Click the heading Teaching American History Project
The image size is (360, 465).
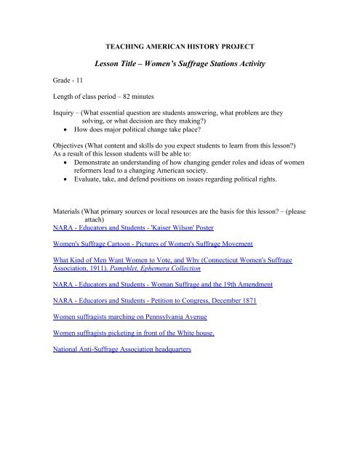pyautogui.click(x=180, y=45)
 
